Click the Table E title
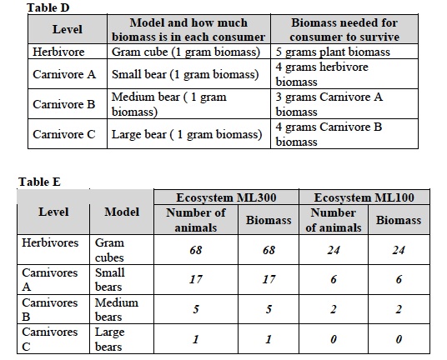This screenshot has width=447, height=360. point(40,181)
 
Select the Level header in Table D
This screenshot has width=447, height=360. point(67,29)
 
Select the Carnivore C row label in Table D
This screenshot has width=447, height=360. point(64,134)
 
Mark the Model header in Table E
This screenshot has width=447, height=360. point(122,212)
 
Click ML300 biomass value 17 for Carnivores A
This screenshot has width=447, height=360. point(269,280)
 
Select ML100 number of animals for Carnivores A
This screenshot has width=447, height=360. point(334,280)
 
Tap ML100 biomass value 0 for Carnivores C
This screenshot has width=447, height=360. point(399,340)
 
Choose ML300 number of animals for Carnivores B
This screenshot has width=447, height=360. point(197,310)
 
